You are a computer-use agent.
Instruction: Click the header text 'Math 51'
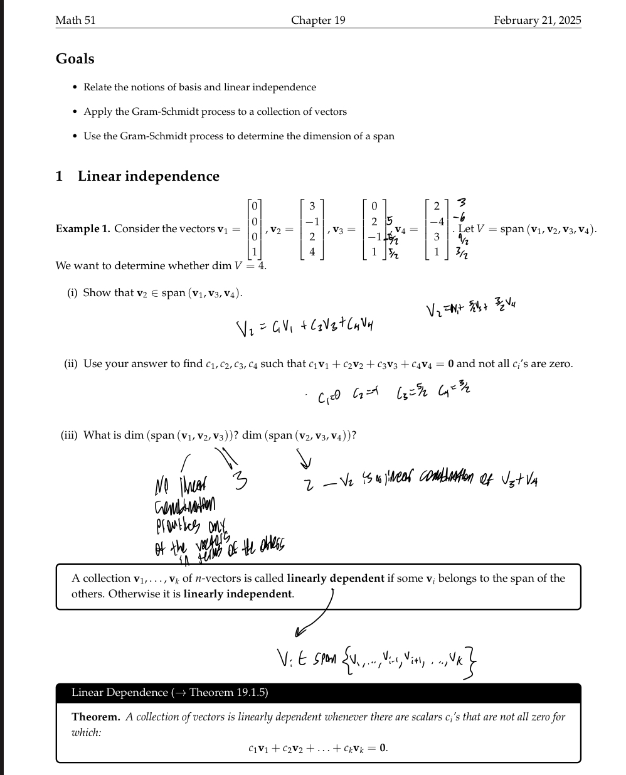coord(75,20)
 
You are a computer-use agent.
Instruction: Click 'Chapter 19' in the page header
coord(318,20)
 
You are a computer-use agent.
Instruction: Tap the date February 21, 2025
coord(537,20)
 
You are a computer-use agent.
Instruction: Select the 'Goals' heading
coord(75,59)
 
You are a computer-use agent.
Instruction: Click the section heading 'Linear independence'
coord(148,176)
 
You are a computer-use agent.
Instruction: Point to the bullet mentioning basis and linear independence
coord(199,87)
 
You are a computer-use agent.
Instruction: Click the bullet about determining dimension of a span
coord(239,136)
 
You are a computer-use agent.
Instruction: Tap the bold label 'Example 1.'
coord(83,229)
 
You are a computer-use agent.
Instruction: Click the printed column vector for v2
coord(312,229)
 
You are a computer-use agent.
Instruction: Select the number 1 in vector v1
coord(254,252)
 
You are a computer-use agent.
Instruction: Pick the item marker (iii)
coord(69,436)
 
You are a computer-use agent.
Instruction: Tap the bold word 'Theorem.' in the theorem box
coord(95,717)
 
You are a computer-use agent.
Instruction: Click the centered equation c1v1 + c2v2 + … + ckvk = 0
coord(318,748)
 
